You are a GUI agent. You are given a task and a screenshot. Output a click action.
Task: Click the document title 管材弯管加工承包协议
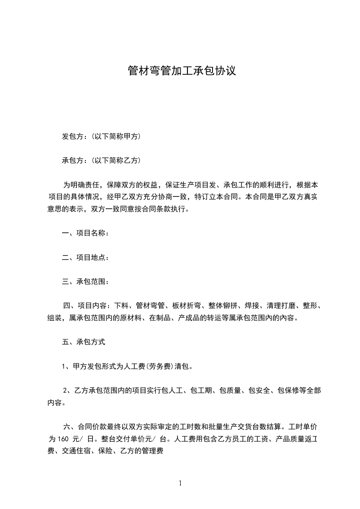coord(182,71)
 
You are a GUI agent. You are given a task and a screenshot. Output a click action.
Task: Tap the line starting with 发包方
coord(101,136)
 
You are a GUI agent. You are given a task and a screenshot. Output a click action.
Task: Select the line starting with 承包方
coord(101,160)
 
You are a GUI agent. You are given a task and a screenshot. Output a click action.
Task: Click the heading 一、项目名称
coord(85,233)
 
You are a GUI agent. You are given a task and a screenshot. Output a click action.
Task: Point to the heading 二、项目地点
coord(85,257)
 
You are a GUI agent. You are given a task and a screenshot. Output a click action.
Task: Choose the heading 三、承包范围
coord(85,281)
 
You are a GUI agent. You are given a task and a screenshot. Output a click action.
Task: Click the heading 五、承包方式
coord(83,342)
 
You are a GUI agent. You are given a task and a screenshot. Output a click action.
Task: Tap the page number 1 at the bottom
coord(180,483)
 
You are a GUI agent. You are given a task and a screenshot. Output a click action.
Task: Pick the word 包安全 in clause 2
coord(260,390)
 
